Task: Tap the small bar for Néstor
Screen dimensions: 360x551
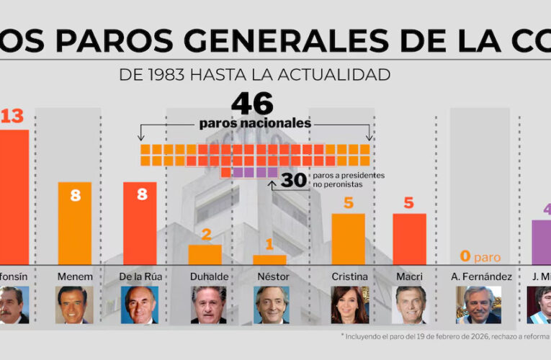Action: coord(269,259)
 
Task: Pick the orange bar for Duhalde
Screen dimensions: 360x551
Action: coord(205,254)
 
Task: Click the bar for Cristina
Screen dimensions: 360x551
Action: coord(348,238)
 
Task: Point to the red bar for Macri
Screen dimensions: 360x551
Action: coord(409,238)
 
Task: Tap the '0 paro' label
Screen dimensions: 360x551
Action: coord(479,256)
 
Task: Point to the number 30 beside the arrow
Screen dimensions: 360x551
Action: coord(294,180)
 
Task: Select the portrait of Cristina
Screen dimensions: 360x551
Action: coord(349,305)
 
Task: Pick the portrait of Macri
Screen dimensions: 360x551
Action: coord(411,305)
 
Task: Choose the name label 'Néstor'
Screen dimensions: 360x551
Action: coord(272,276)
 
